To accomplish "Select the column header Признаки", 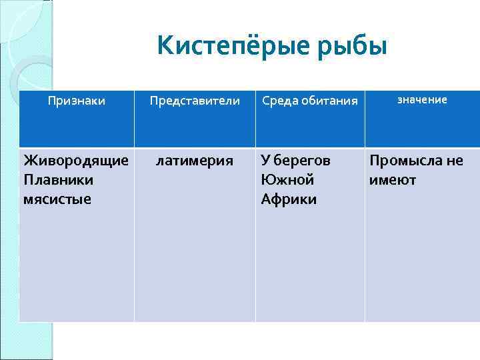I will click(x=77, y=101).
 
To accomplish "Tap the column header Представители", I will click(x=195, y=101).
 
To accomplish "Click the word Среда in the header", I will click(x=279, y=101).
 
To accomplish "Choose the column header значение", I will click(x=422, y=99).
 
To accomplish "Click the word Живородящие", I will click(x=76, y=161).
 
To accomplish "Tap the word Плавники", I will click(x=58, y=180).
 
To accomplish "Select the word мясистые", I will click(x=57, y=199).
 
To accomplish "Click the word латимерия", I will click(x=195, y=161).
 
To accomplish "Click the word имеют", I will click(x=393, y=180).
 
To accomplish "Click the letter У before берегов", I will click(x=266, y=161).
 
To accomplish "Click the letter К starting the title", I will click(x=165, y=46).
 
